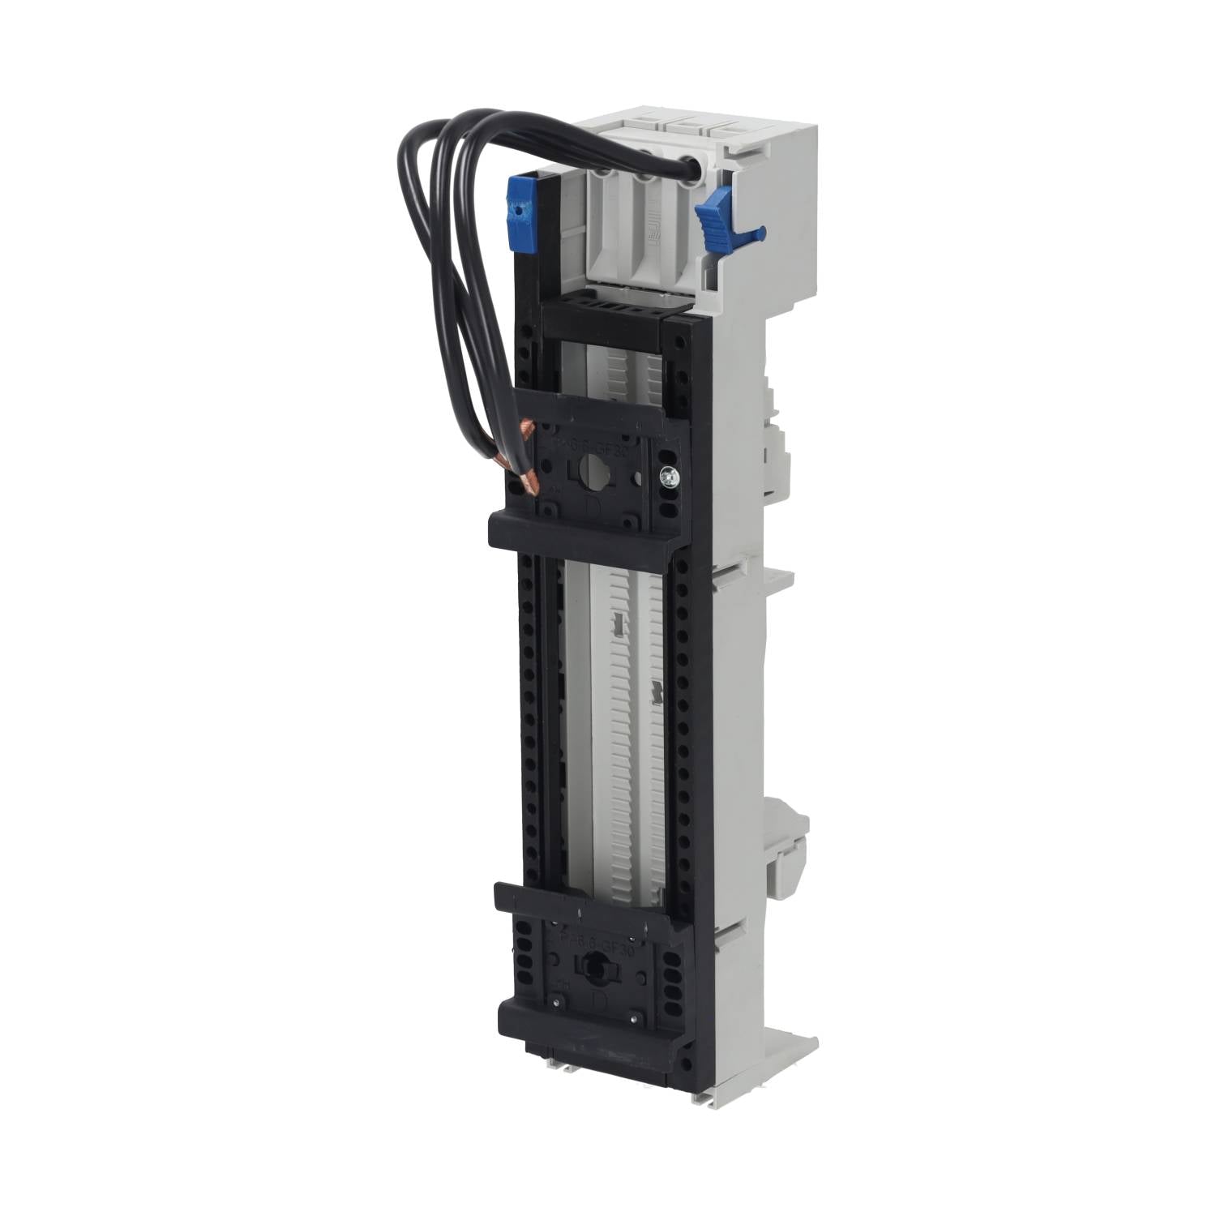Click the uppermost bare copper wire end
point(528,426)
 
